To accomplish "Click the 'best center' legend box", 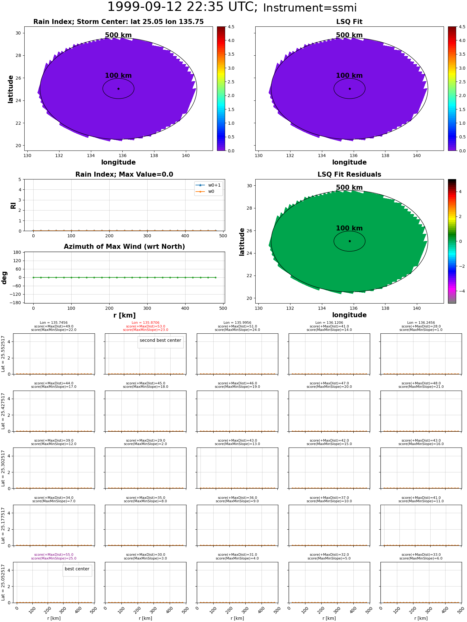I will pos(77,569).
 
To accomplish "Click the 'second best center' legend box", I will pos(160,341).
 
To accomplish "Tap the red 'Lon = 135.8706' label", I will pos(145,323).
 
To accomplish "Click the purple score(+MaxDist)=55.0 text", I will pos(54,555).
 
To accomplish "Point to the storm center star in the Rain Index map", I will pos(118,89).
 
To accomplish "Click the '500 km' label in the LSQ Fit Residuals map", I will pos(349,188).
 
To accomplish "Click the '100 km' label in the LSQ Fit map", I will pos(349,76).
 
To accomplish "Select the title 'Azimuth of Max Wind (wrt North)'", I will pos(124,247).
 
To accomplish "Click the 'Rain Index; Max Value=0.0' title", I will pos(124,174).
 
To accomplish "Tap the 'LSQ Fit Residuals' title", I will pos(349,174).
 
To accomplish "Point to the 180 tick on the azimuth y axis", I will pos(17,252).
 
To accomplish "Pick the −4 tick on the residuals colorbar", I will pos(460,291).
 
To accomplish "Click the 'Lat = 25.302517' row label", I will pos(3,468).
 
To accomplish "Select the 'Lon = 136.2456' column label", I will pos(421,323).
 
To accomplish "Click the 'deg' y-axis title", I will pos(4,277).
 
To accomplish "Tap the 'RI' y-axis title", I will pos(13,206).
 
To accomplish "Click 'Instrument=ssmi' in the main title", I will pos(310,8).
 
